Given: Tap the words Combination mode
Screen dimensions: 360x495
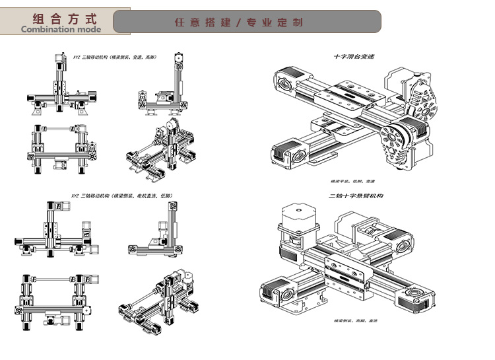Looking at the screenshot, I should [x=61, y=29].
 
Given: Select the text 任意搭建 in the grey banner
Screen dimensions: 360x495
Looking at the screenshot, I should [x=203, y=22].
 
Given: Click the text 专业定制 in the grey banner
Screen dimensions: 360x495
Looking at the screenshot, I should [x=275, y=22].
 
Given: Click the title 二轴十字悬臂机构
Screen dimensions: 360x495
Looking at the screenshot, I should [x=356, y=196].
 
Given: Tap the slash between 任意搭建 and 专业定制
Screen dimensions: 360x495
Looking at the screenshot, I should [x=238, y=22].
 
